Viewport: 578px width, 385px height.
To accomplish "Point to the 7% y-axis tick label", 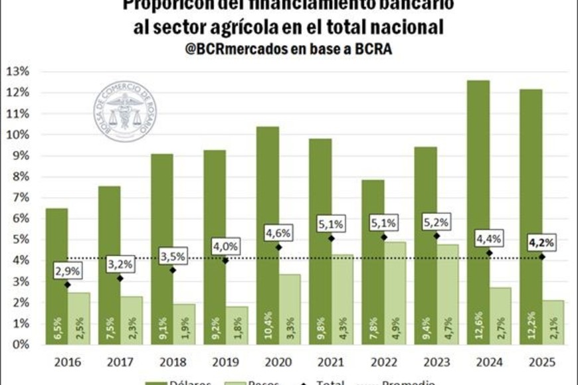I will coord(19,198).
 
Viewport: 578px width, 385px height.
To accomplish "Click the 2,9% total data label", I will coord(67,271).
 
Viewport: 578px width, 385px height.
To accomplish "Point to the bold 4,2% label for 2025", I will coord(541,242).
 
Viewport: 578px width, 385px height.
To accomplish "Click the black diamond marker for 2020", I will coord(278,248).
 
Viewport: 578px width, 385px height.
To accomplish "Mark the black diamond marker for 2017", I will coord(120,278).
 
